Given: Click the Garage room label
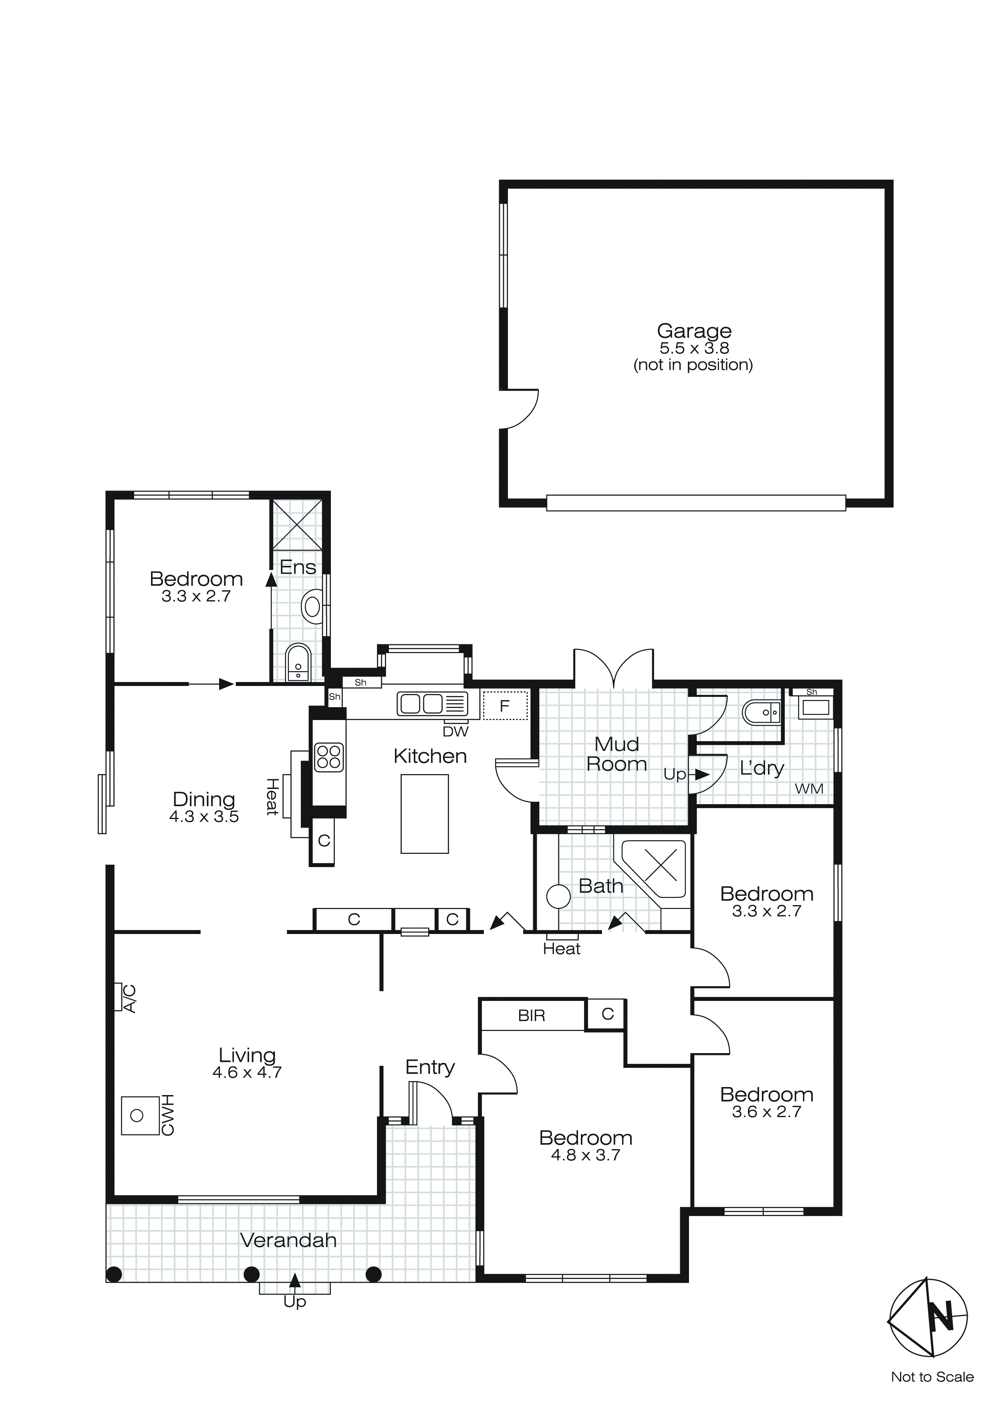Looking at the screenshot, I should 694,331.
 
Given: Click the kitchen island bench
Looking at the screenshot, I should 424,813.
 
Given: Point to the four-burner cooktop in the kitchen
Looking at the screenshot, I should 329,757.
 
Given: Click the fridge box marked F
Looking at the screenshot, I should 504,706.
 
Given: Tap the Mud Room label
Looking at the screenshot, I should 616,754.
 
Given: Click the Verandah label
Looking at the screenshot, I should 288,1240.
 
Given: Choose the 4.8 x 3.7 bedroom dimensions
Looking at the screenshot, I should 585,1155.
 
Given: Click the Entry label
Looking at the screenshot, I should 430,1067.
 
